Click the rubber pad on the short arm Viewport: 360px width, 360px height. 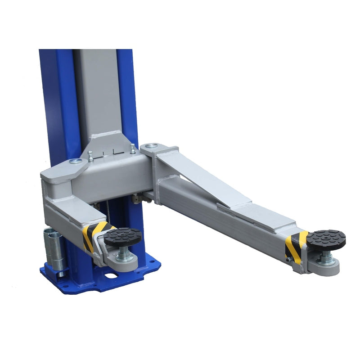pos(122,237)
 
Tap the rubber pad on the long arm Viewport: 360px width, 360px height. pos(327,238)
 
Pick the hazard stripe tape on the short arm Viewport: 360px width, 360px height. pos(93,236)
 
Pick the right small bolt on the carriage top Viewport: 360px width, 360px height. pos(133,148)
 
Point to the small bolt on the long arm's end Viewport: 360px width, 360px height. pos(288,260)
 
